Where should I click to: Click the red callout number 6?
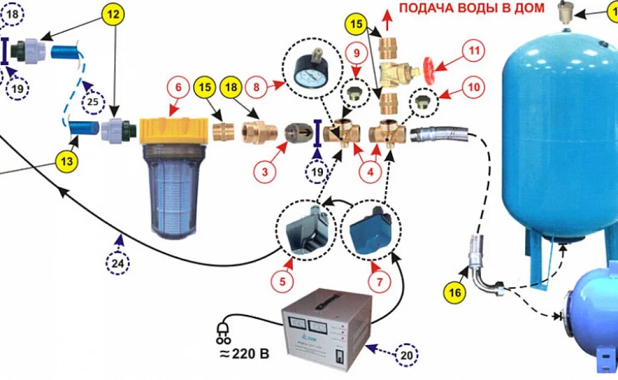[178, 87]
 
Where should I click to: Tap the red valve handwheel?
[431, 67]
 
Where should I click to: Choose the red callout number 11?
[473, 51]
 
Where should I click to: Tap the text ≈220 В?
[244, 353]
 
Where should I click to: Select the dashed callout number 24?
[118, 263]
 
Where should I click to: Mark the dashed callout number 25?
[93, 102]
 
